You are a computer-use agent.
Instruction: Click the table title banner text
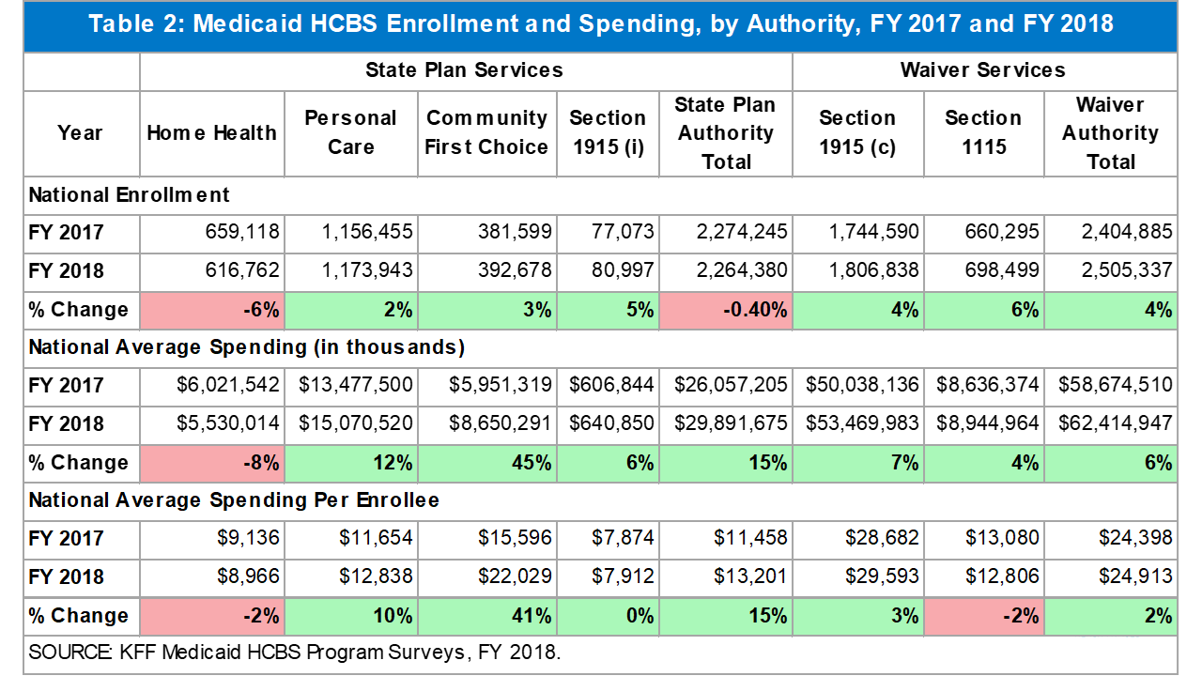[601, 24]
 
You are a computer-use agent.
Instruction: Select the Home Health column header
[211, 132]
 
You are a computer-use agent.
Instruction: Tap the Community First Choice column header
[486, 132]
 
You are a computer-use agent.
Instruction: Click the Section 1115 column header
[983, 132]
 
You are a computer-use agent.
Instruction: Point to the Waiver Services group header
[983, 70]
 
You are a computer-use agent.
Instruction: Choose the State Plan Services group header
[465, 70]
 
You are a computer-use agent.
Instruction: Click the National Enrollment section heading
[130, 194]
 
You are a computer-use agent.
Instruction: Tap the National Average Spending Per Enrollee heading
[234, 500]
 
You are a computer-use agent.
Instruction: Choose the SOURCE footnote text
[294, 653]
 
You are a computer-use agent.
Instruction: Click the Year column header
[80, 132]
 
